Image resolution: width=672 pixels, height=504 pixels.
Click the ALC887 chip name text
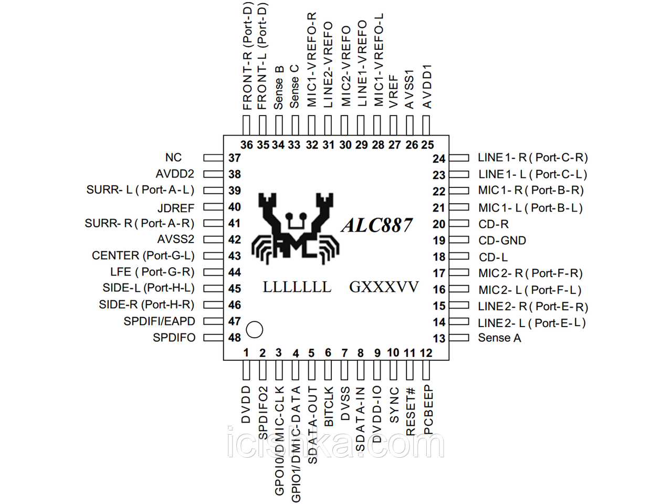377,225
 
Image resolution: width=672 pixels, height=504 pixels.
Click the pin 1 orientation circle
254,330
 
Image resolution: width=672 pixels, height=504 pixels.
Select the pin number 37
235,158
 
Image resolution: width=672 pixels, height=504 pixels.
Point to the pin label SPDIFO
174,338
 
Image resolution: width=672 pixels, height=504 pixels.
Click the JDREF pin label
176,208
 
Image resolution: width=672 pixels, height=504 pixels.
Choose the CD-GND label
502,240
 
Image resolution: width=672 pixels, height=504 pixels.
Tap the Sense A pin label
499,338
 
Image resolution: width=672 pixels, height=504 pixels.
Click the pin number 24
439,159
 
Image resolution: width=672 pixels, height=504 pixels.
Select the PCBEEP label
428,410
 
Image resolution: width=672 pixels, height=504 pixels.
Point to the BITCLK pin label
329,406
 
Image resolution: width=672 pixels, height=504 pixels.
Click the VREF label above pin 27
394,91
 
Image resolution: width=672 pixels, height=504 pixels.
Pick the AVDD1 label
427,86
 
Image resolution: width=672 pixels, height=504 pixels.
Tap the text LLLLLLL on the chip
297,287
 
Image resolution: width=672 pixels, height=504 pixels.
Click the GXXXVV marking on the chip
384,287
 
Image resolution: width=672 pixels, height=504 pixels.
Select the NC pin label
173,157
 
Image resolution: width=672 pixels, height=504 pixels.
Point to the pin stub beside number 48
213,337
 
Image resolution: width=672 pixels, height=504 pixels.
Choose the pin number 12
426,353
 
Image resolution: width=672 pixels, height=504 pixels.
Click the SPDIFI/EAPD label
159,321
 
